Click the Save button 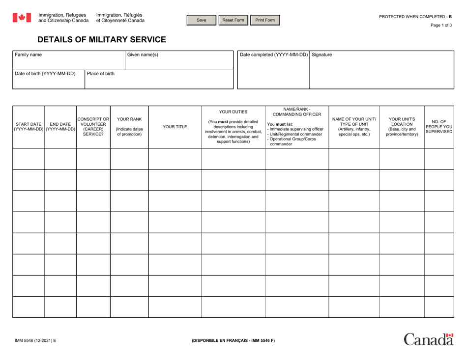click(x=202, y=20)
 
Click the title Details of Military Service click(x=102, y=39)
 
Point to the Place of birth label click(x=101, y=74)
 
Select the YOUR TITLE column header click(x=175, y=126)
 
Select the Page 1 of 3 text click(x=440, y=26)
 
